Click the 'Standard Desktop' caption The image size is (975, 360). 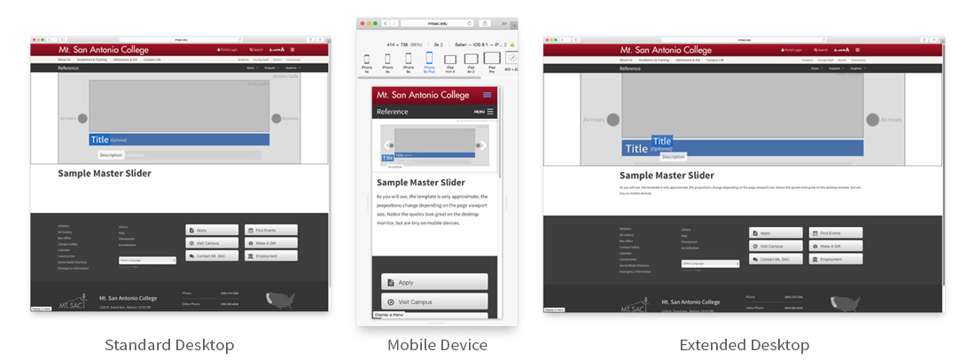pyautogui.click(x=169, y=345)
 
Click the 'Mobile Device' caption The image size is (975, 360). pyautogui.click(x=437, y=345)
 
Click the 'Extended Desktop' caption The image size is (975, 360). pyautogui.click(x=744, y=345)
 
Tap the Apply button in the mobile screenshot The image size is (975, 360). pyautogui.click(x=434, y=282)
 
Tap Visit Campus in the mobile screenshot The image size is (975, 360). pyautogui.click(x=434, y=301)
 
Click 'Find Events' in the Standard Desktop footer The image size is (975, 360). pyautogui.click(x=270, y=230)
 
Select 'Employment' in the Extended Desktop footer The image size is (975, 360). pyautogui.click(x=836, y=259)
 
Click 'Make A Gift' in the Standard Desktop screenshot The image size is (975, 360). pyautogui.click(x=270, y=243)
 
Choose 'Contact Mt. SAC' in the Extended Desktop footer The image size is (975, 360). pyautogui.click(x=776, y=259)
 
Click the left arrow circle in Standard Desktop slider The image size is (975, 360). pyautogui.click(x=82, y=118)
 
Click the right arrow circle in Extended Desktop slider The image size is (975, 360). pyautogui.click(x=872, y=120)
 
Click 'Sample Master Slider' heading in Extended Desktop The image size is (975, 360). pyautogui.click(x=666, y=176)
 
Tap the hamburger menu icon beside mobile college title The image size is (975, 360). pyautogui.click(x=487, y=94)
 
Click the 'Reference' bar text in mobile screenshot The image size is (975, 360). pyautogui.click(x=393, y=112)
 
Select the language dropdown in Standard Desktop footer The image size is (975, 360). pyautogui.click(x=147, y=260)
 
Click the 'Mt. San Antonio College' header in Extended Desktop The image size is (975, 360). pyautogui.click(x=666, y=50)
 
